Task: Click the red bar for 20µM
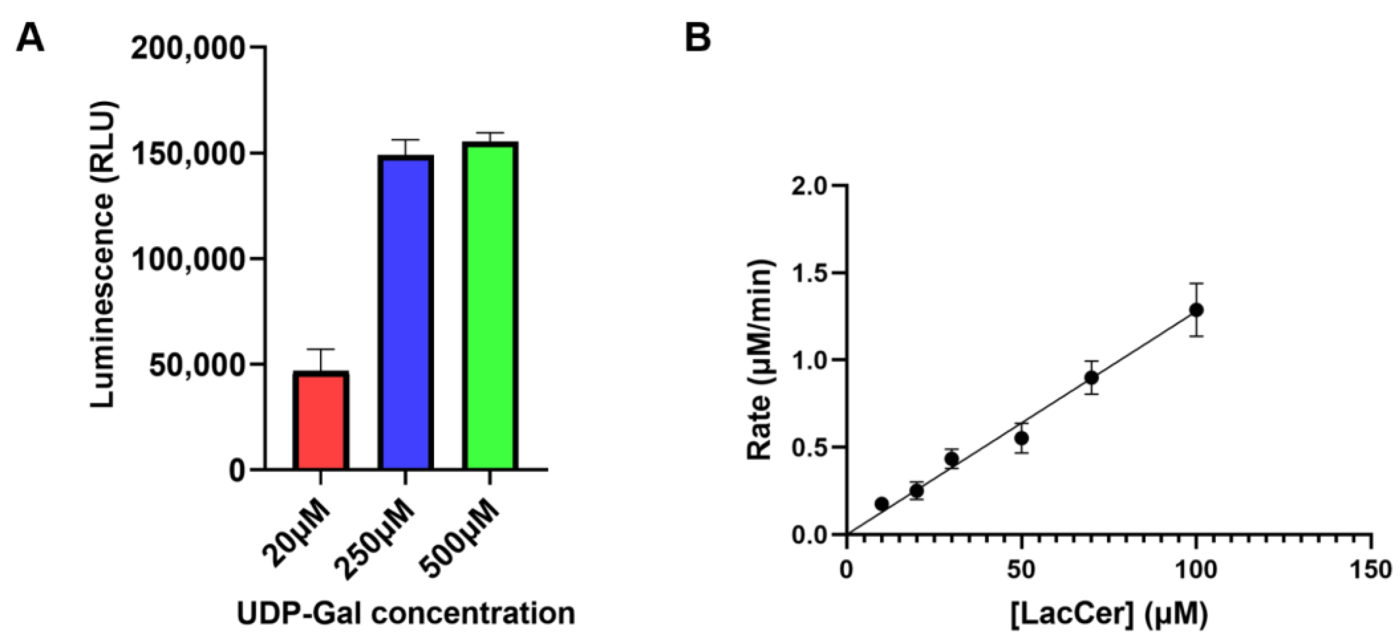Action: point(320,421)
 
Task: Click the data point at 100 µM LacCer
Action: point(1196,310)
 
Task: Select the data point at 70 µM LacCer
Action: point(1091,377)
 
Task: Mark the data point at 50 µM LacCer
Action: point(1022,438)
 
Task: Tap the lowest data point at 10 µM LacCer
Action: point(882,504)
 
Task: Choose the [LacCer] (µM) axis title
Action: point(1108,614)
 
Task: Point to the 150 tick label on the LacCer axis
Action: point(1370,571)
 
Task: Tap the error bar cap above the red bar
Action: point(320,349)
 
